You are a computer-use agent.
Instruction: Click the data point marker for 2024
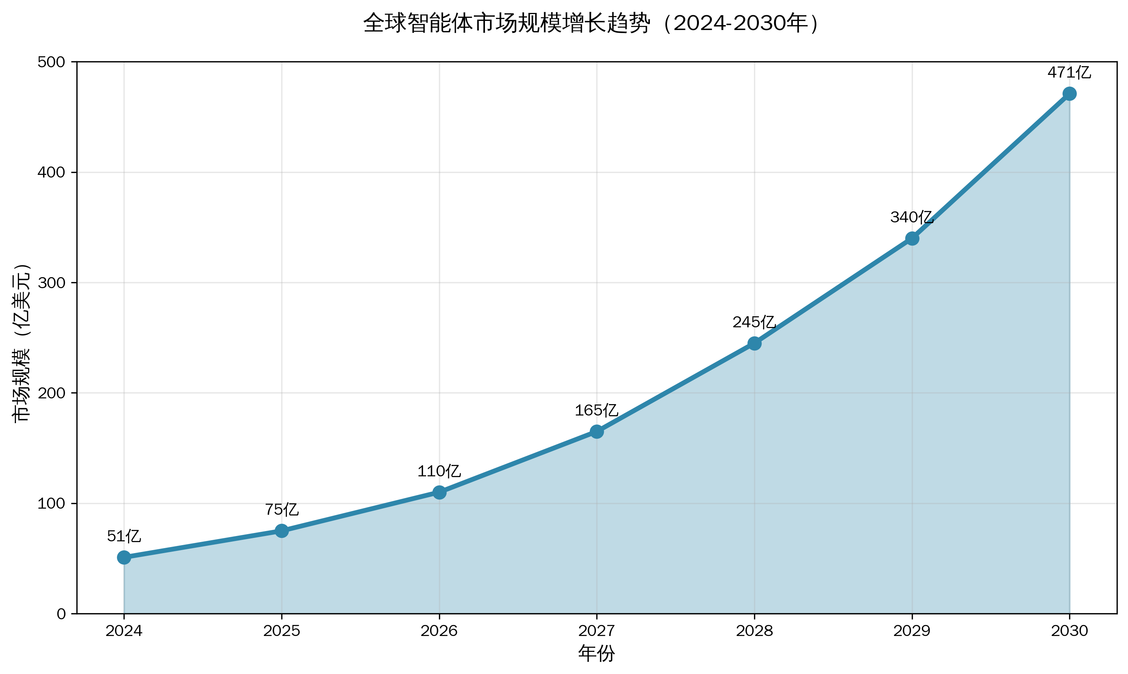pos(124,557)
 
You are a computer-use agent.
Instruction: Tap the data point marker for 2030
pos(1069,94)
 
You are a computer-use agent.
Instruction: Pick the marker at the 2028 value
pos(754,343)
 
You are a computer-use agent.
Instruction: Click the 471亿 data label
pos(1069,73)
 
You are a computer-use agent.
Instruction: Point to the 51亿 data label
pos(124,536)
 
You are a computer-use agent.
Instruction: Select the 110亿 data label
pos(439,471)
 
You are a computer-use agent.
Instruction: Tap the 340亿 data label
pos(911,217)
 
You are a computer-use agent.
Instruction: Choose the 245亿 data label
pos(754,322)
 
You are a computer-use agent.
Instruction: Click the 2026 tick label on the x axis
pos(439,631)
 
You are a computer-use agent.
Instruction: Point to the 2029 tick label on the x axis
pos(911,631)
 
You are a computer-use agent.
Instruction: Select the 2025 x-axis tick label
pos(282,631)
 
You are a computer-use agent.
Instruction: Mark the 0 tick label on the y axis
pos(61,614)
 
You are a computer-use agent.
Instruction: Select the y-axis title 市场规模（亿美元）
pos(22,343)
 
